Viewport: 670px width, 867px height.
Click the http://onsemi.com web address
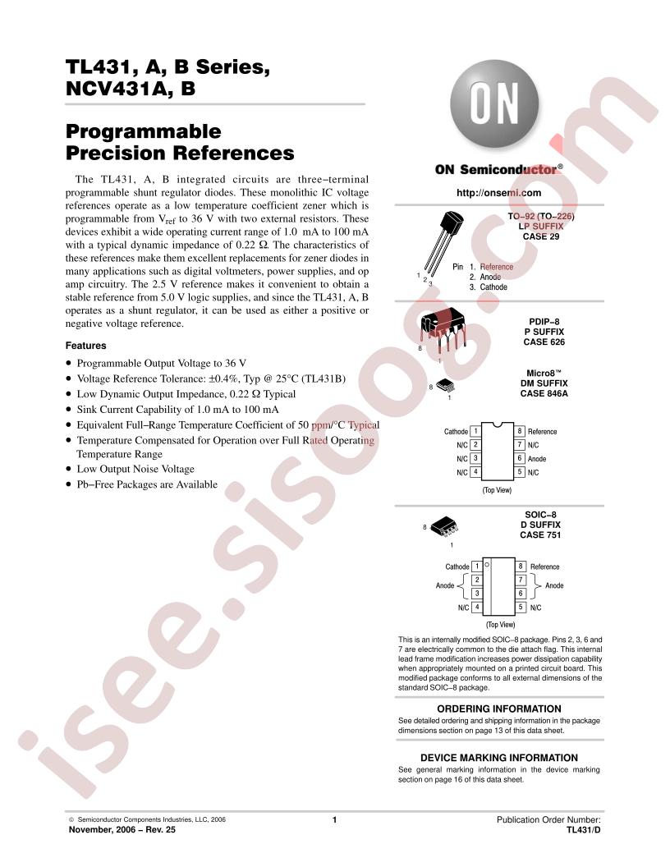498,193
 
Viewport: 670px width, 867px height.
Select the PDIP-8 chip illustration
443,332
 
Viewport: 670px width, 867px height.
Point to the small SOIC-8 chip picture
444,525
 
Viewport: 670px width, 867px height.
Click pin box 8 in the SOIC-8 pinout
521,567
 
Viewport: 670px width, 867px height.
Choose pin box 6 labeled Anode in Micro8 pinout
520,458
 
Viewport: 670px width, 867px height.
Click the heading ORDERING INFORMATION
498,709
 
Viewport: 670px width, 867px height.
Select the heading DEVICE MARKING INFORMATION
498,758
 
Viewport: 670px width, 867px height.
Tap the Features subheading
85,346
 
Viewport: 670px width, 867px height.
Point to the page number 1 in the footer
334,820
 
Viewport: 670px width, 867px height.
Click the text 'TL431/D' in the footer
583,829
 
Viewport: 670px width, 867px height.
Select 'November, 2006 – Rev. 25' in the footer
122,829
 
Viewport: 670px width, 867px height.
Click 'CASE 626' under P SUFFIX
544,342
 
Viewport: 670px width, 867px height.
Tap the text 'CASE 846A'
544,394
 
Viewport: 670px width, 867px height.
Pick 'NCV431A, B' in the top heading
131,89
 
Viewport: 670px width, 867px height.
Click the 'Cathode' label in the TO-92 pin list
493,287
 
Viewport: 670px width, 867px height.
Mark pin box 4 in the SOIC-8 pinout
476,607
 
